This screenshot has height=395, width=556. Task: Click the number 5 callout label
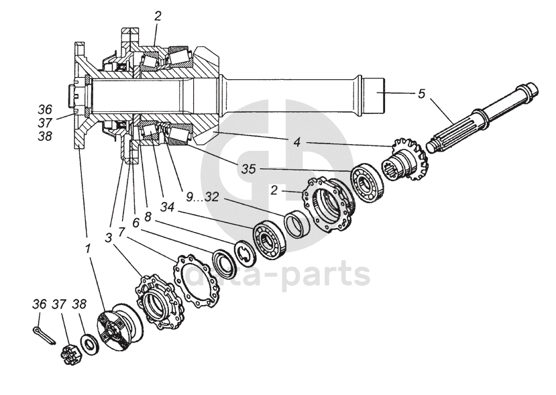pyautogui.click(x=421, y=93)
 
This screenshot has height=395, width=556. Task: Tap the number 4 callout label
pyautogui.click(x=296, y=142)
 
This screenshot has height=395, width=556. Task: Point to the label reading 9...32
pyautogui.click(x=203, y=196)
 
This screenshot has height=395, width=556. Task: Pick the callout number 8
pyautogui.click(x=148, y=218)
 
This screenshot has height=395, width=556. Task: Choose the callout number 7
pyautogui.click(x=121, y=231)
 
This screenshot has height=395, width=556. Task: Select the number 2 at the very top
pyautogui.click(x=157, y=16)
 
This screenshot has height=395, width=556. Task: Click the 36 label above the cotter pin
pyautogui.click(x=40, y=304)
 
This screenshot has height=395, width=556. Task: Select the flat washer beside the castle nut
pyautogui.click(x=87, y=344)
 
